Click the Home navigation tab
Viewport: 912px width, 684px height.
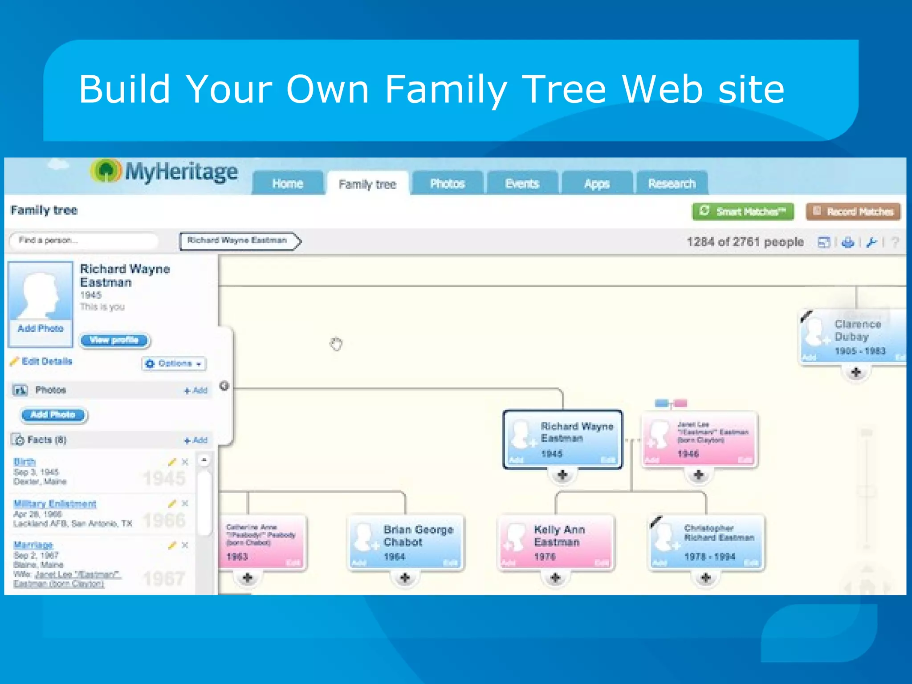288,183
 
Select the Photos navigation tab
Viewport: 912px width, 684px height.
447,183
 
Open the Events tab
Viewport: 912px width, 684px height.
522,183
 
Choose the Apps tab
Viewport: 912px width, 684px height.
597,183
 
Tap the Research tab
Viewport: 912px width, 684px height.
672,183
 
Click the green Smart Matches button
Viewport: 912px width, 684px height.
743,212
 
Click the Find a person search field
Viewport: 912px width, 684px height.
84,240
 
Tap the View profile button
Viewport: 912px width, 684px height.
114,340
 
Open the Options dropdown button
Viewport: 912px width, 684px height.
174,363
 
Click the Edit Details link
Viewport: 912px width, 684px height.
46,361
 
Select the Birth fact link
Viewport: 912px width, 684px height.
24,462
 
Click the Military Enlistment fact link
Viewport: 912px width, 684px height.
55,504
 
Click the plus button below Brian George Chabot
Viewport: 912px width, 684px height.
405,578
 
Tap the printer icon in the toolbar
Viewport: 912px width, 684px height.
848,242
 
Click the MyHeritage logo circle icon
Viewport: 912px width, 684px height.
106,171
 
